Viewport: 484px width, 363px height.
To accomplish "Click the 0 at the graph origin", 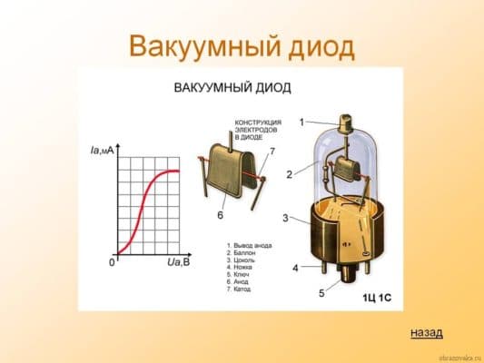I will point(111,262).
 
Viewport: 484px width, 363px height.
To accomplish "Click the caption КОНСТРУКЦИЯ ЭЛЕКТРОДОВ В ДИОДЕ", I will point(258,132).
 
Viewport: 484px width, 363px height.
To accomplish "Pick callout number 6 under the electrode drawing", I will point(220,216).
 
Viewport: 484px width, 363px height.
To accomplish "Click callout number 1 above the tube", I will point(302,121).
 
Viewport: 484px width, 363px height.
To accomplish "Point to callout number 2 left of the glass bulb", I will point(289,173).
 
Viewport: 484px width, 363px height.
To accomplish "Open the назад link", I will point(427,332).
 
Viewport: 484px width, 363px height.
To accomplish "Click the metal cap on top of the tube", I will point(345,122).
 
